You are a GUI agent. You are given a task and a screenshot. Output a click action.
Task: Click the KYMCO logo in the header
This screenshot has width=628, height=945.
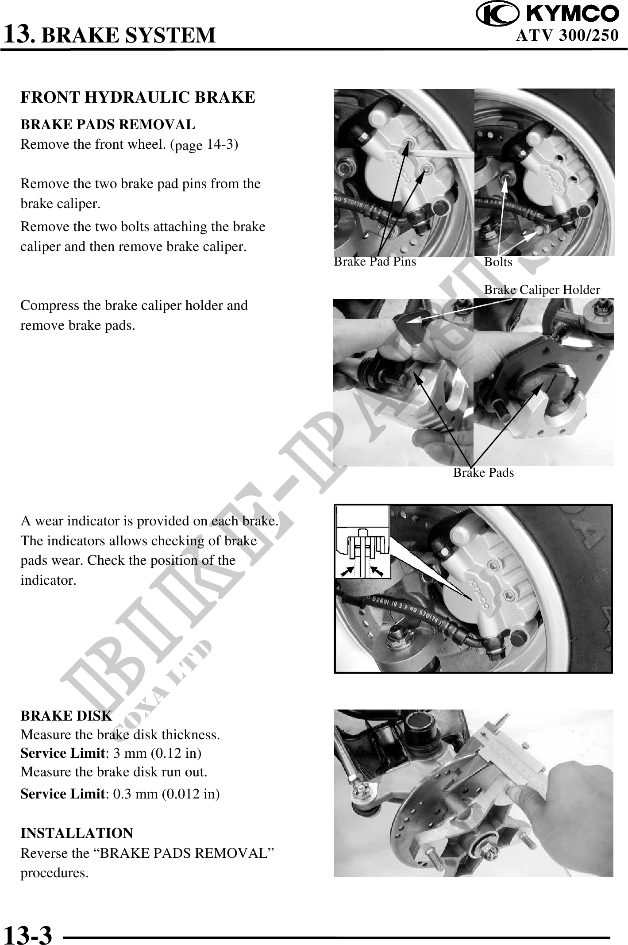pyautogui.click(x=547, y=14)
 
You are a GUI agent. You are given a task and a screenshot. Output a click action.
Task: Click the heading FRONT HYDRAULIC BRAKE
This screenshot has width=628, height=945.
pyautogui.click(x=138, y=97)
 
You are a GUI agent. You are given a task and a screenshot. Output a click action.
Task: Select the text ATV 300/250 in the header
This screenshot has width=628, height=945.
pyautogui.click(x=567, y=35)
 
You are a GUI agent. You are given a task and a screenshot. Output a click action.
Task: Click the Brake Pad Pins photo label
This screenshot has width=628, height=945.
pyautogui.click(x=375, y=262)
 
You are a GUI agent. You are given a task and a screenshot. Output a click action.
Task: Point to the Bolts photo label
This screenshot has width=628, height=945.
pyautogui.click(x=498, y=262)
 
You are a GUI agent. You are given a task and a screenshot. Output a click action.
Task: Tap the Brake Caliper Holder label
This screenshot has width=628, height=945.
pyautogui.click(x=542, y=290)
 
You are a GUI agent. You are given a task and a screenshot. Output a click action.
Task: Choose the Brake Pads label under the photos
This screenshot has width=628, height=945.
pyautogui.click(x=484, y=473)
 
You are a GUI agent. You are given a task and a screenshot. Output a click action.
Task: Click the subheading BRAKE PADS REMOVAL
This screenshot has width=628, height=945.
pyautogui.click(x=108, y=125)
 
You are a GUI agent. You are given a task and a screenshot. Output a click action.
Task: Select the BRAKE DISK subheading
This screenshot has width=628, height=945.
pyautogui.click(x=66, y=716)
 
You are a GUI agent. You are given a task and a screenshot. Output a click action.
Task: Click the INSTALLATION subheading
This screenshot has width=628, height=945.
pyautogui.click(x=77, y=833)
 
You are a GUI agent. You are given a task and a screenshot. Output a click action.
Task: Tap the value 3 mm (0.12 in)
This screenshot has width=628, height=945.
pyautogui.click(x=157, y=753)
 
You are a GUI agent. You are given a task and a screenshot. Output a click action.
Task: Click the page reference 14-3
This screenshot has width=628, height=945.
pyautogui.click(x=220, y=145)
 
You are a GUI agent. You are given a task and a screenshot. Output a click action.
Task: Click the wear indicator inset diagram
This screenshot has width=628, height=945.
pyautogui.click(x=363, y=542)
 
